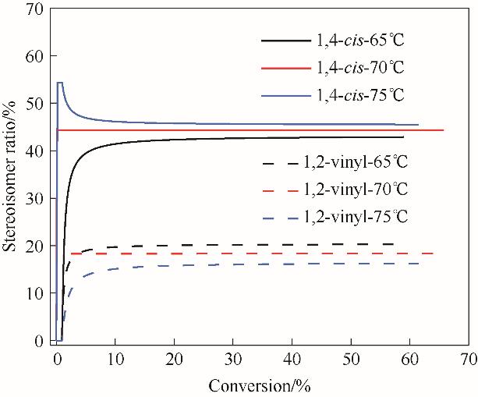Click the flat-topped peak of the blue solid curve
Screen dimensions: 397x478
[60, 83]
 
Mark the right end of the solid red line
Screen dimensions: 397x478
[443, 130]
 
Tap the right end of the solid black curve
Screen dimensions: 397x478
[403, 137]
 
